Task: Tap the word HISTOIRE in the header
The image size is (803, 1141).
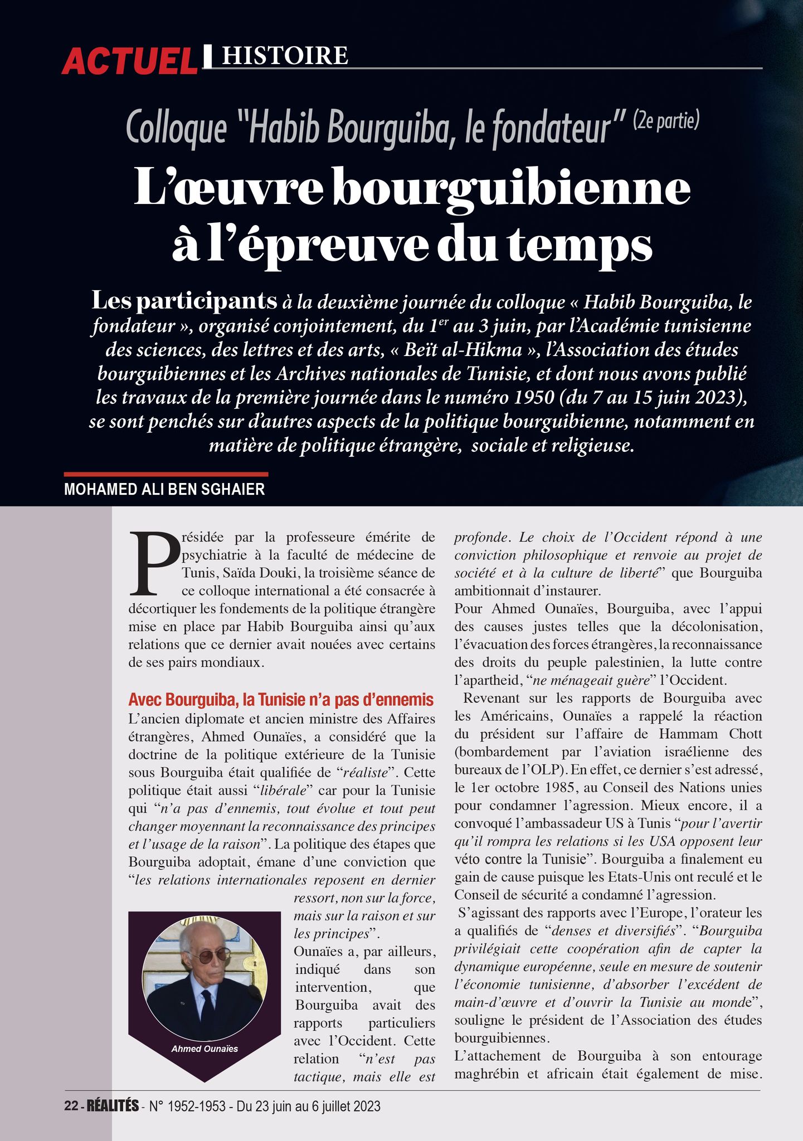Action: (x=285, y=56)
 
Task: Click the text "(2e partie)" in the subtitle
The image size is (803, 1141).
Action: (x=665, y=121)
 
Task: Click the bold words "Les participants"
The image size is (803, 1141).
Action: (x=184, y=301)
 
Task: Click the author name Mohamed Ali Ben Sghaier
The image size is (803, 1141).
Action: (x=164, y=490)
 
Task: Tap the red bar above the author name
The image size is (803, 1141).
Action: (x=166, y=474)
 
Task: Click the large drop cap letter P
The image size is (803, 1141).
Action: (x=153, y=563)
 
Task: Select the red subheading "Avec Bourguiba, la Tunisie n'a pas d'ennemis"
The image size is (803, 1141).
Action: (x=281, y=699)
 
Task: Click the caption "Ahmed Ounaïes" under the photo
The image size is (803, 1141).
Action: (x=205, y=1049)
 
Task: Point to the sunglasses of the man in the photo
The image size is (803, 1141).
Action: (x=207, y=955)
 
